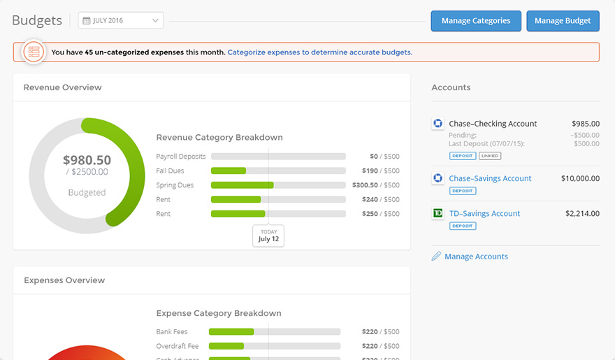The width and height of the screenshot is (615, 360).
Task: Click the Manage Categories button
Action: tap(475, 21)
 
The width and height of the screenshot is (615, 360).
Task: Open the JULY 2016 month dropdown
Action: tap(121, 21)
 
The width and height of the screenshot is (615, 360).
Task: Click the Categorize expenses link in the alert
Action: tap(319, 52)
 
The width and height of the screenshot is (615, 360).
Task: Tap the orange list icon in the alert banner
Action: tap(33, 52)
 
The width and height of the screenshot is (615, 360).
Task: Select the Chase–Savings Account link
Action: tap(490, 178)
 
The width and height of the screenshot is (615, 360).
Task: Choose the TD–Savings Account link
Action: tap(484, 213)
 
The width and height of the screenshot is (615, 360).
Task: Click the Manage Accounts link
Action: tap(476, 257)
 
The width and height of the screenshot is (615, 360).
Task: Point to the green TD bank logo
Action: tap(438, 213)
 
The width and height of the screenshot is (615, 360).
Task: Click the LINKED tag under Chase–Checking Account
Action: tap(490, 156)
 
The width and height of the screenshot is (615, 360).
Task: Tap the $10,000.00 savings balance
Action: tap(580, 178)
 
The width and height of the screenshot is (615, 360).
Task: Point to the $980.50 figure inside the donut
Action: tap(87, 160)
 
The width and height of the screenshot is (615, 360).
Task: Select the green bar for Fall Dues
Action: tap(229, 171)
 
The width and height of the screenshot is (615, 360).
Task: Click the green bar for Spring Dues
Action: tap(242, 185)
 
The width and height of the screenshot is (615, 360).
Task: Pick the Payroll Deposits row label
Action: tap(180, 157)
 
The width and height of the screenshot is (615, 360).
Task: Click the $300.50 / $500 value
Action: tap(376, 185)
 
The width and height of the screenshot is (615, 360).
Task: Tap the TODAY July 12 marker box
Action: tap(268, 236)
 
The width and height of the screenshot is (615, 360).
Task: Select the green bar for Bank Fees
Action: tap(231, 332)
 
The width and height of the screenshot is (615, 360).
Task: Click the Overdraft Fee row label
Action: tap(178, 346)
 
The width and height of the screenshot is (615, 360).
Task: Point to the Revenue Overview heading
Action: tap(62, 87)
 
